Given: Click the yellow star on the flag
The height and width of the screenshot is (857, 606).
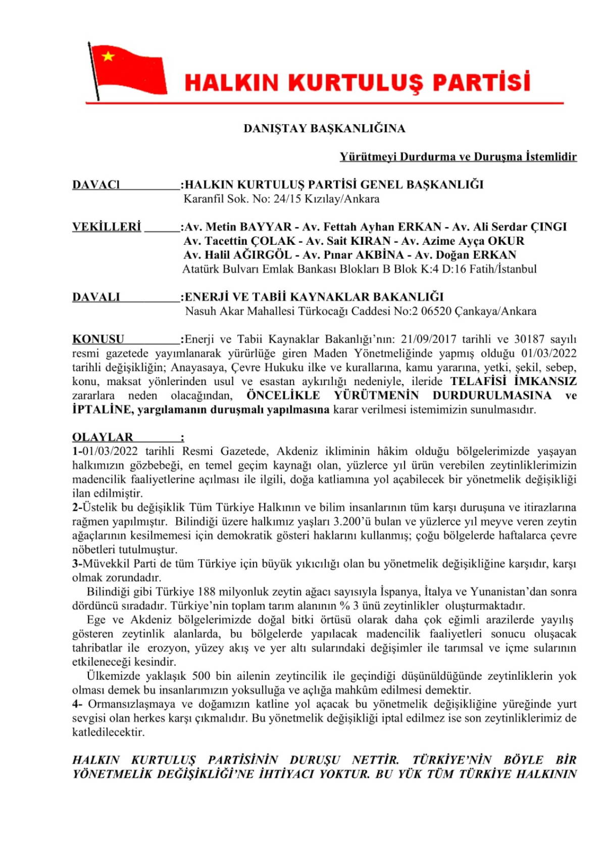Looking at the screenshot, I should [x=108, y=56].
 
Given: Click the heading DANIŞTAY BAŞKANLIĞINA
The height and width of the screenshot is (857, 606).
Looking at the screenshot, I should [x=324, y=128].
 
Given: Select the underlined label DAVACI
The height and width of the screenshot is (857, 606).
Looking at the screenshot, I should [x=96, y=185].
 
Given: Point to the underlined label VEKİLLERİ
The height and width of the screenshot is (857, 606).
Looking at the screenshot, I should [x=107, y=227].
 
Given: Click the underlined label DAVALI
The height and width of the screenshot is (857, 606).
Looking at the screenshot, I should [x=96, y=297].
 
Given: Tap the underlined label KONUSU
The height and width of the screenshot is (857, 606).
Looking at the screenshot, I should [x=98, y=339].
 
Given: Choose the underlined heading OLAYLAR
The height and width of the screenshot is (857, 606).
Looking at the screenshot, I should [x=103, y=437].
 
